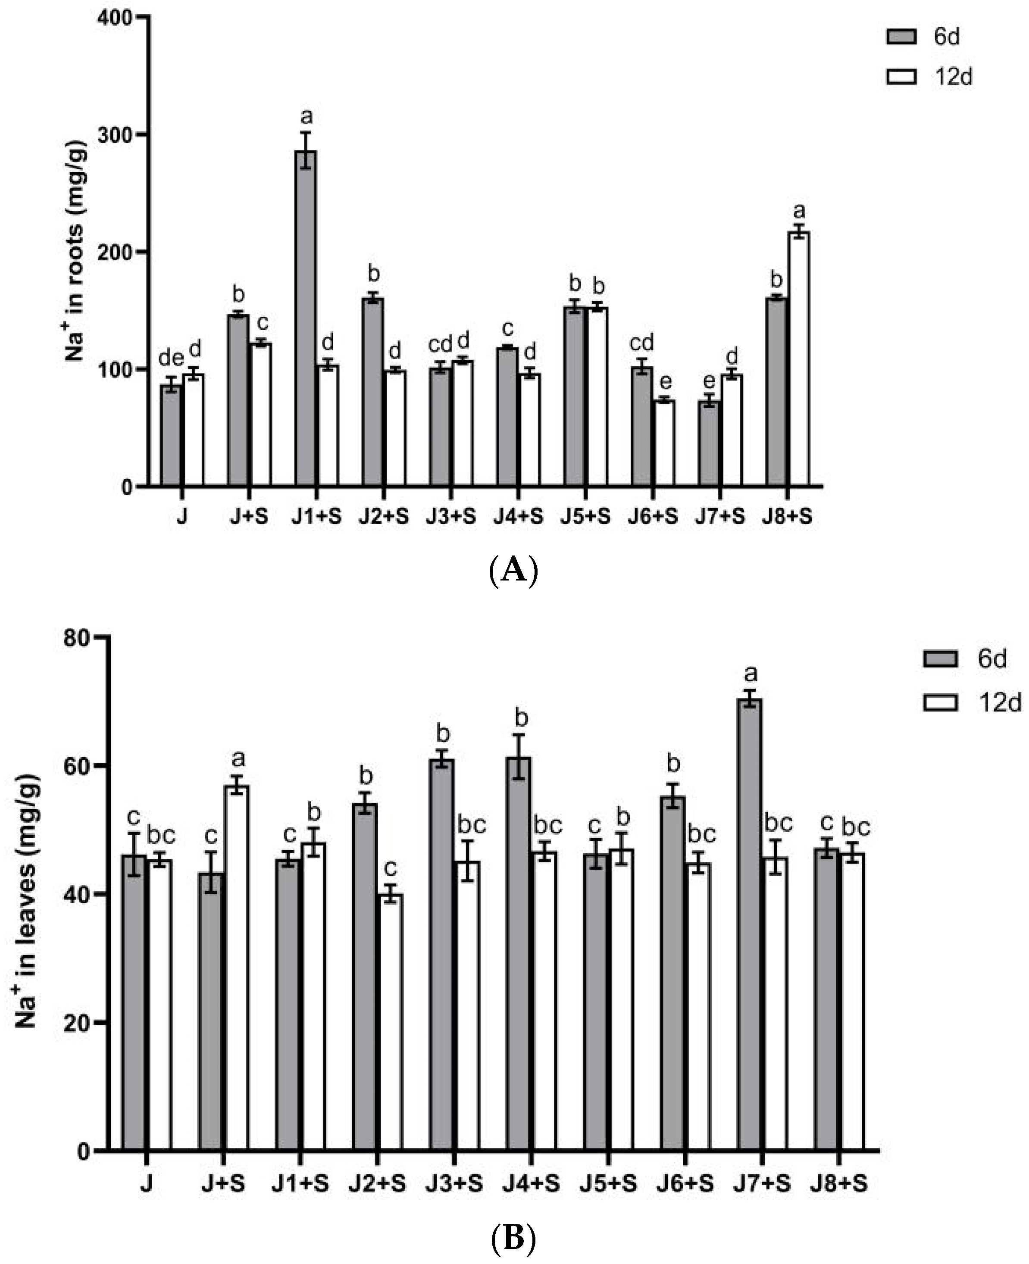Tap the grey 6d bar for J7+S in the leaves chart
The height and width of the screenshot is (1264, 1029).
pyautogui.click(x=750, y=924)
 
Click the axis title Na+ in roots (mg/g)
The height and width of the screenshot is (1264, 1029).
pyautogui.click(x=76, y=252)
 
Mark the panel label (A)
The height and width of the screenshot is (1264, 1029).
pyautogui.click(x=513, y=571)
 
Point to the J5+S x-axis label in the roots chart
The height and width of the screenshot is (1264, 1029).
pyautogui.click(x=585, y=517)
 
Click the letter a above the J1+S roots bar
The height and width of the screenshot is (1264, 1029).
pyautogui.click(x=307, y=116)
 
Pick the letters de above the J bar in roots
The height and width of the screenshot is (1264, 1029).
pyautogui.click(x=171, y=358)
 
